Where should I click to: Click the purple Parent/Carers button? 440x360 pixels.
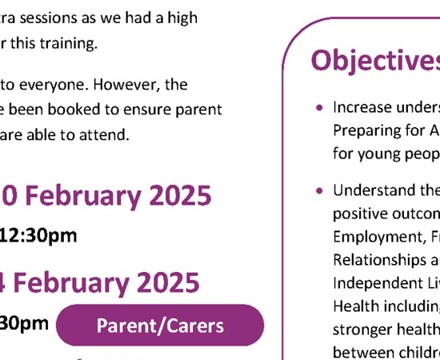(160, 326)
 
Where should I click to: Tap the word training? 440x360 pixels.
(95, 43)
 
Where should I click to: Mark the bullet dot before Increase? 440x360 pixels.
(318, 108)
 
